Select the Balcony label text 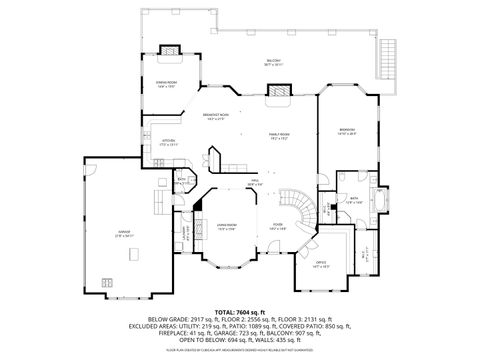tap(272, 62)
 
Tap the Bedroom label tap(347, 131)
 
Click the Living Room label tap(226, 228)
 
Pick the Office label tap(319, 265)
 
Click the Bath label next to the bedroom tap(353, 199)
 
